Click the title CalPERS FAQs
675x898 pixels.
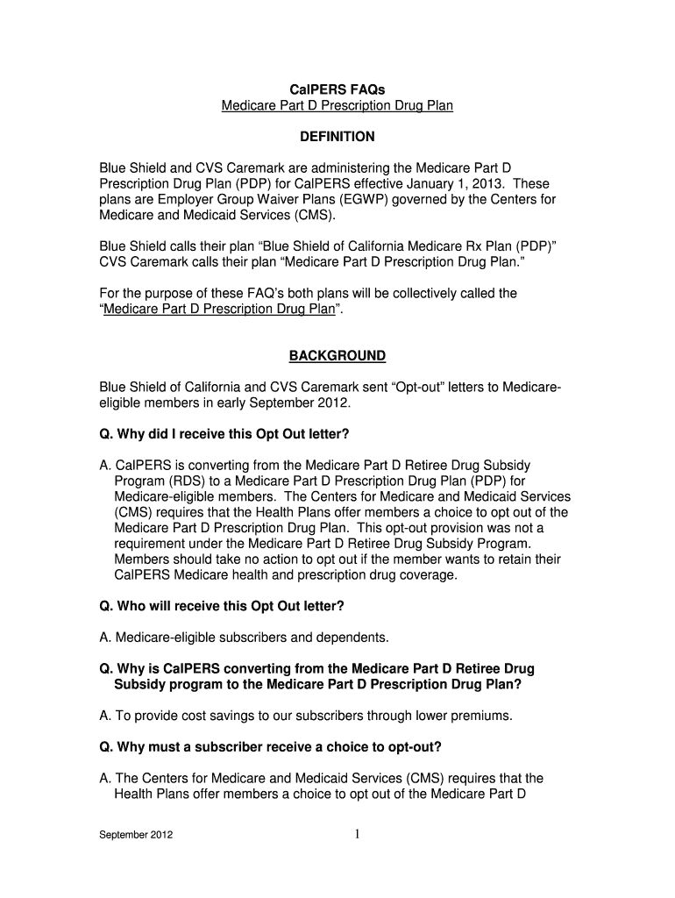pos(337,89)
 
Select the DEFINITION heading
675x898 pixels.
pos(337,137)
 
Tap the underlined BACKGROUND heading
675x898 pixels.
pos(337,355)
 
